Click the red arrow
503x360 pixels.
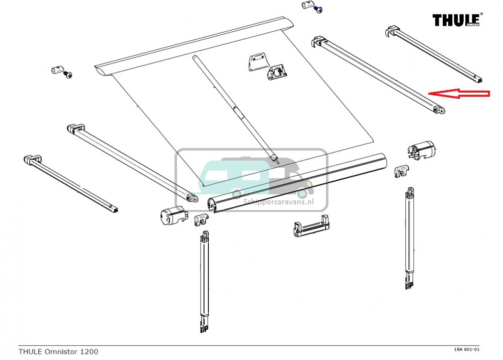point(458,93)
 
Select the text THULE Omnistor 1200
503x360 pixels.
point(58,351)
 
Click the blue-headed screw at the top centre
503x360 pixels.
point(318,9)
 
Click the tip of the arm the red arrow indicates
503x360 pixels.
point(439,109)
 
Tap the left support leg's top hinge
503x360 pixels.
point(205,236)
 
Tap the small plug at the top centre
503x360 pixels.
point(307,6)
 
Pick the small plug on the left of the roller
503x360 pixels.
point(57,69)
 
